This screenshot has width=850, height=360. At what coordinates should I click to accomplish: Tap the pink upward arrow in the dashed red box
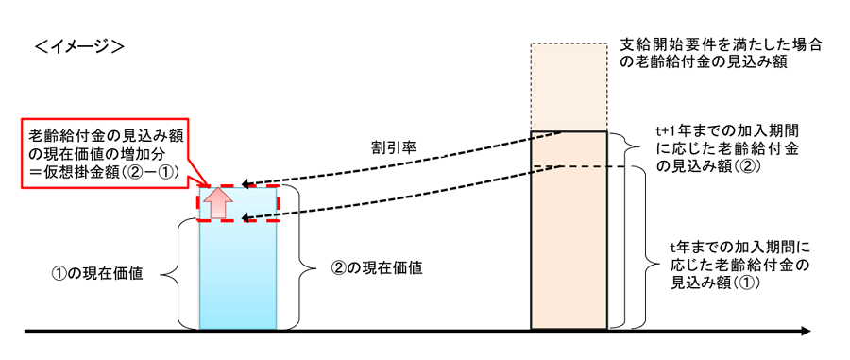coord(219,203)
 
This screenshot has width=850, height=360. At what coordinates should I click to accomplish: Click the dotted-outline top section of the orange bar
coord(569,87)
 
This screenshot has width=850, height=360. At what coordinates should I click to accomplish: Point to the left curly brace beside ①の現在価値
coord(172,274)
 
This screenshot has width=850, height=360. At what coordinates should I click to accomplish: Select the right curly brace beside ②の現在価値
coord(300,257)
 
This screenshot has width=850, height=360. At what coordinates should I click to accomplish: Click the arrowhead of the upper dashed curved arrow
coord(245,184)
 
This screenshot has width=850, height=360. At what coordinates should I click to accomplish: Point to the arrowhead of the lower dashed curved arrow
coord(245,218)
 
